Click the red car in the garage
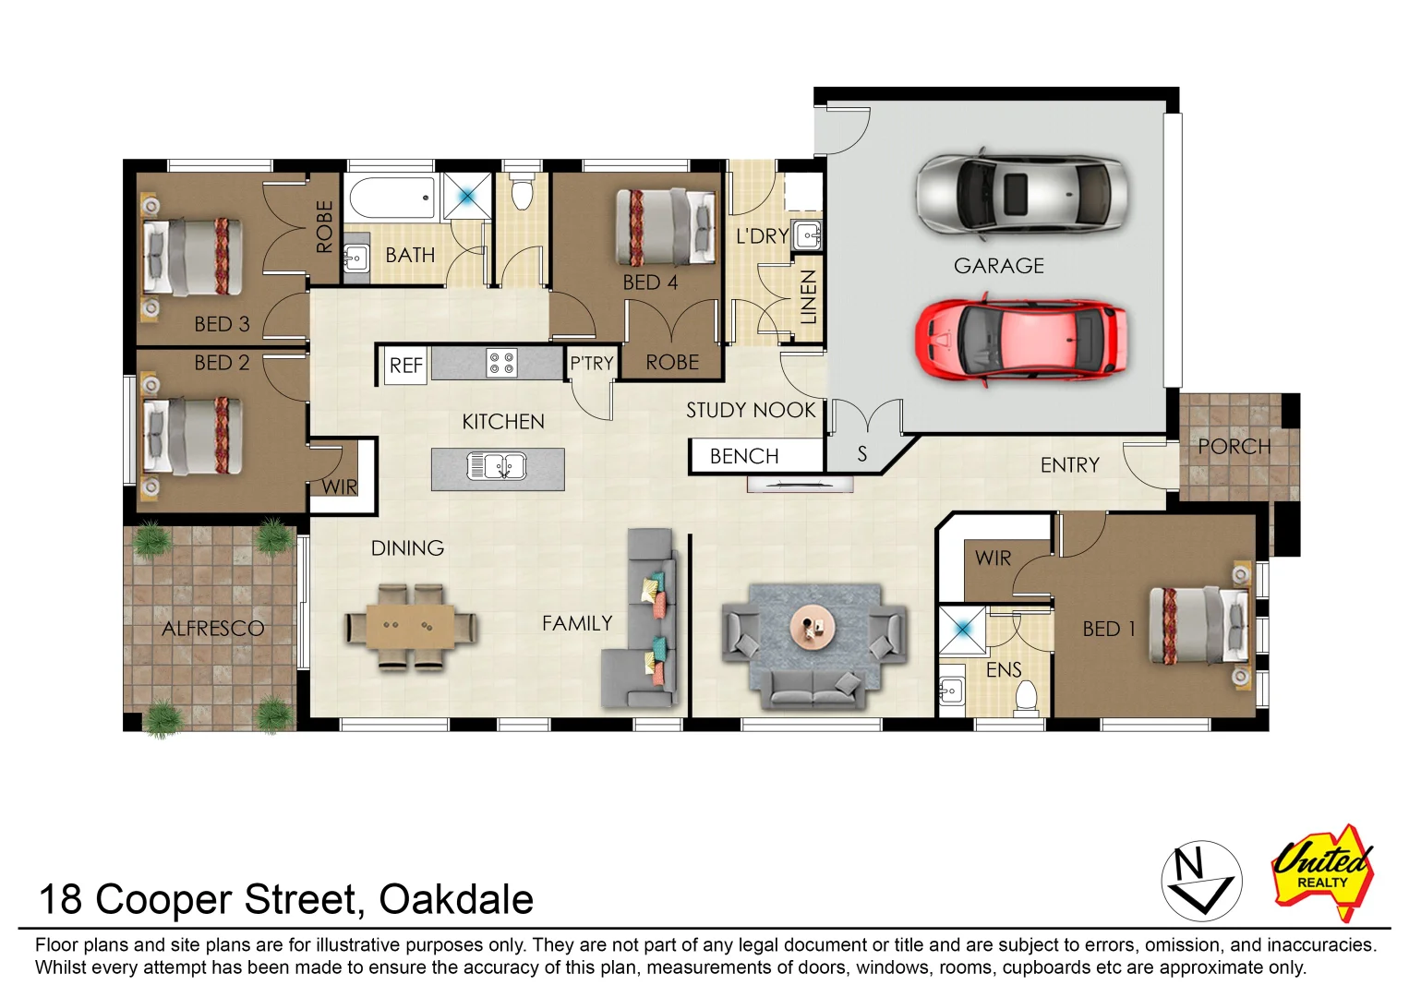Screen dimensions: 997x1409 click(1020, 338)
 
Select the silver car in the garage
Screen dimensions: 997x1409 click(1020, 194)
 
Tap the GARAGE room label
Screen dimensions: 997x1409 click(998, 266)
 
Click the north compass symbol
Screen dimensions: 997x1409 click(1200, 881)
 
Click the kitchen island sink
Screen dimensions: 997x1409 click(497, 466)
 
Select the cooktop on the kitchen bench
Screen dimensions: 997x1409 click(501, 363)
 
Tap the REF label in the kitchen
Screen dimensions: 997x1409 click(405, 366)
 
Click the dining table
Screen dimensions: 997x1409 click(411, 627)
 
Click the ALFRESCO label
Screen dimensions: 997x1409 click(212, 629)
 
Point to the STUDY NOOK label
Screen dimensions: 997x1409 click(751, 410)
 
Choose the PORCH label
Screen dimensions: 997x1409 click(1234, 447)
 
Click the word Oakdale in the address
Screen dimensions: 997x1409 click(456, 899)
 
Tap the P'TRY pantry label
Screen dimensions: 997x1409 click(591, 364)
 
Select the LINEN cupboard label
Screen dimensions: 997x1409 click(808, 297)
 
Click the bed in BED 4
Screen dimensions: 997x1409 click(665, 227)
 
